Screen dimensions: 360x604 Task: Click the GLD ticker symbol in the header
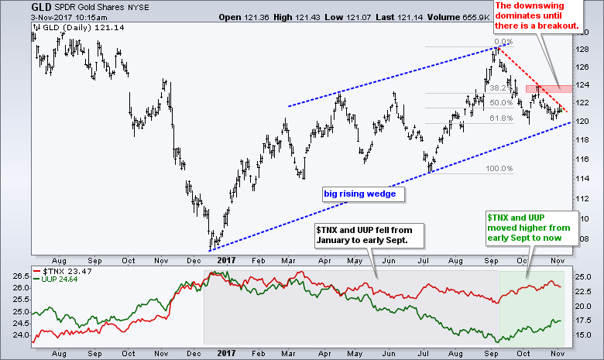pyautogui.click(x=15, y=6)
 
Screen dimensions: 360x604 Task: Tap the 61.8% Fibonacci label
pyautogui.click(x=502, y=118)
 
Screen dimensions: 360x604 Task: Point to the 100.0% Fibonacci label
pyautogui.click(x=502, y=169)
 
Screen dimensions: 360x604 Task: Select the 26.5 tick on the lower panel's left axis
pyautogui.click(x=15, y=276)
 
